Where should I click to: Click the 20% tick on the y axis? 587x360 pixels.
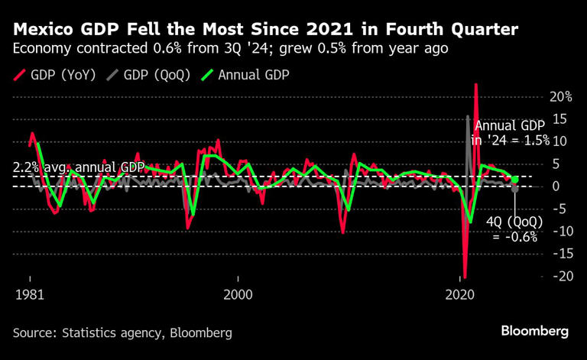561,96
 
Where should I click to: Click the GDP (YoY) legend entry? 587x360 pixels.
57,75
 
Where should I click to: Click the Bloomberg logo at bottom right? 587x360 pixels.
534,331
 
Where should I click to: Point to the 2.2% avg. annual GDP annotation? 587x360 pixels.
79,167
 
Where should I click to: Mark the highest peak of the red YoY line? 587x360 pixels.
475,84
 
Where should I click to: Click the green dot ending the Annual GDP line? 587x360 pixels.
515,180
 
